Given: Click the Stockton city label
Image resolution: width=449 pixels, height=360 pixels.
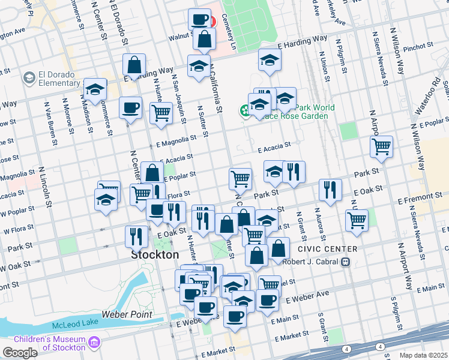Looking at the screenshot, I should point(155,254).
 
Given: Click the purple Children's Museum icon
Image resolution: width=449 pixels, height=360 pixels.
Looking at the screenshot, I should point(94,343).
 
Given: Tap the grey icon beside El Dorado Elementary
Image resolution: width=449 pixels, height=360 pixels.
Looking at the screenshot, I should point(29,78).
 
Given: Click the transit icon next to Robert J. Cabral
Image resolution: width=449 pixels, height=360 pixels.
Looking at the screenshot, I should point(346,262).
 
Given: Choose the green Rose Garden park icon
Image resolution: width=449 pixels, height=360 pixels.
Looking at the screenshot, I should point(246,110).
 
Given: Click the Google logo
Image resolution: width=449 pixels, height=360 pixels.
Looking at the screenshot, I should point(20,353).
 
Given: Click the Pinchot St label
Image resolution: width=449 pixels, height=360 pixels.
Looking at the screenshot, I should point(418,46).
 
